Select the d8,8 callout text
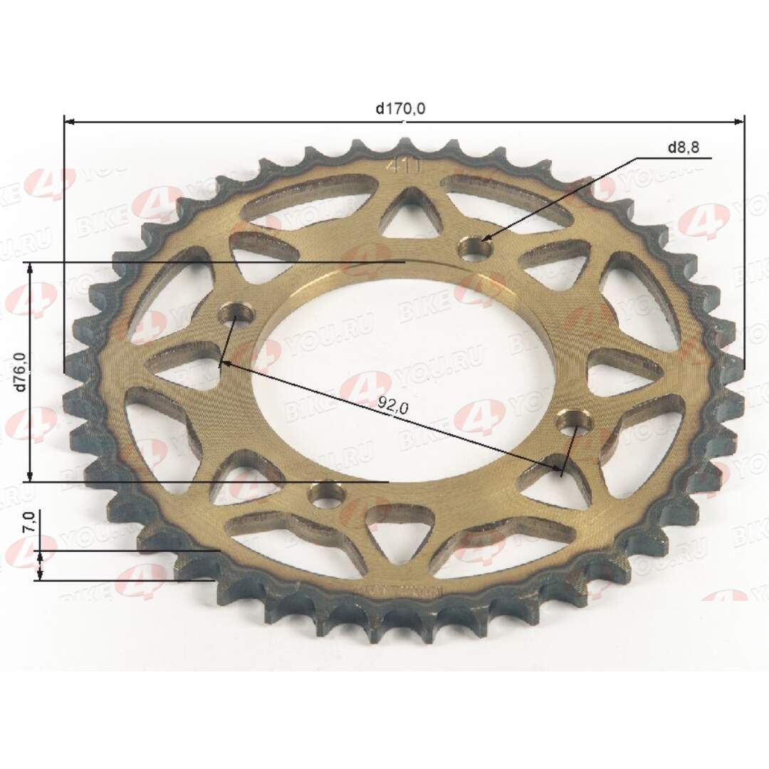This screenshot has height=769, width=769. point(684,148)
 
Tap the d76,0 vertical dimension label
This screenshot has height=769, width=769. point(19,372)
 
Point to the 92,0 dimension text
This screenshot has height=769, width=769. point(392,407)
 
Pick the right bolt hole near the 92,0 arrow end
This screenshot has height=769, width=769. point(574,425)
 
